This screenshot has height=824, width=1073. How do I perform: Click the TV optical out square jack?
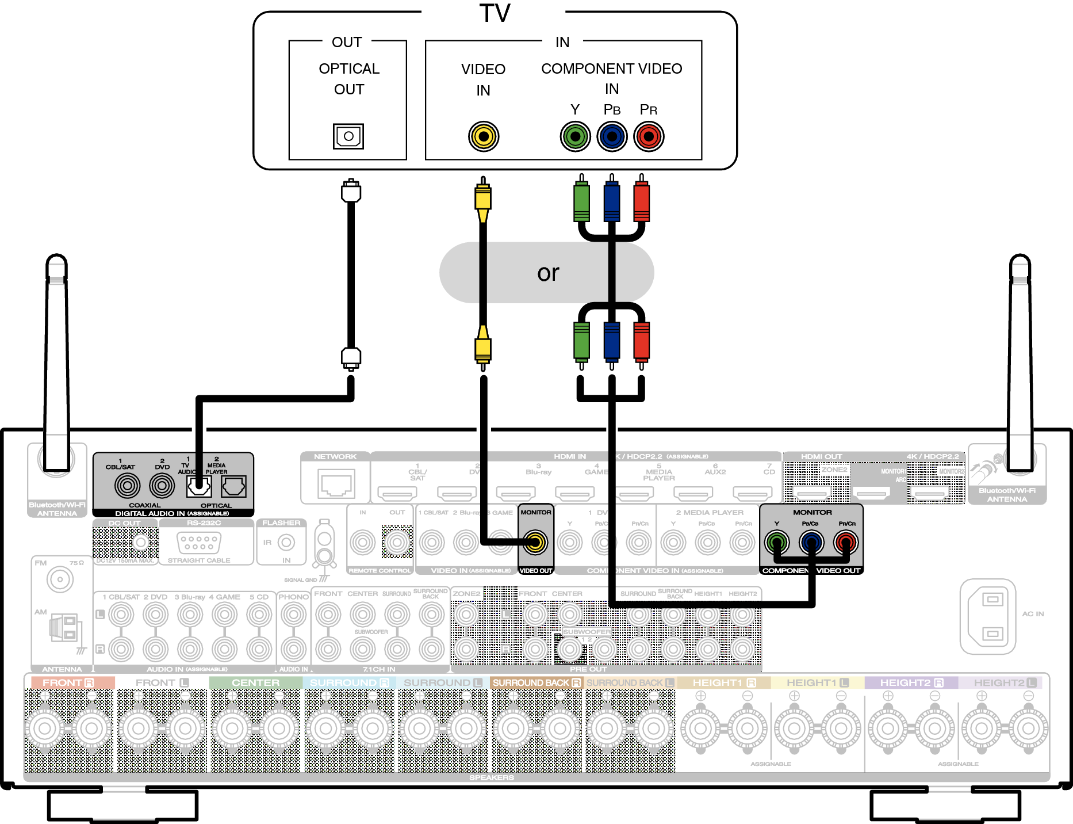pyautogui.click(x=348, y=136)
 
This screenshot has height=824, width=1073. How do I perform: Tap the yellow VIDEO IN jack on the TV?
pyautogui.click(x=483, y=136)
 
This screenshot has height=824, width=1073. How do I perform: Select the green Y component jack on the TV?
pyautogui.click(x=575, y=136)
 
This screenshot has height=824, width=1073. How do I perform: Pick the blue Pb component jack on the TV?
pyautogui.click(x=612, y=136)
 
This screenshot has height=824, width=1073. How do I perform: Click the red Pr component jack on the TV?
pyautogui.click(x=649, y=136)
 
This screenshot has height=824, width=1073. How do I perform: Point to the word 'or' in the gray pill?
pyautogui.click(x=547, y=273)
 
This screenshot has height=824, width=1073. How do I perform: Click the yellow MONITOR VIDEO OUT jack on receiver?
pyautogui.click(x=535, y=542)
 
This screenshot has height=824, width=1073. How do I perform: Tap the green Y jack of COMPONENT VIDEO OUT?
pyautogui.click(x=777, y=542)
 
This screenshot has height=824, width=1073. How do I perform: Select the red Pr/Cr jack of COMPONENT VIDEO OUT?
pyautogui.click(x=846, y=542)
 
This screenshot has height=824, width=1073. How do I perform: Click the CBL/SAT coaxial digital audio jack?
pyautogui.click(x=127, y=486)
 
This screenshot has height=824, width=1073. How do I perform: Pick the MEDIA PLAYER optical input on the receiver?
pyautogui.click(x=233, y=487)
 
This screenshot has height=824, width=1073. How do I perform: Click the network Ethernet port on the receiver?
pyautogui.click(x=336, y=483)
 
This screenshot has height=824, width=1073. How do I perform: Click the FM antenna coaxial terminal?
pyautogui.click(x=60, y=579)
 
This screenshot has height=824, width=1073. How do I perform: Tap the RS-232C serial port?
pyautogui.click(x=199, y=542)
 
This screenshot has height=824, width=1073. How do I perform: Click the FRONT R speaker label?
pyautogui.click(x=68, y=682)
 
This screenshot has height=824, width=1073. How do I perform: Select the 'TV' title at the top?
pyautogui.click(x=495, y=13)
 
